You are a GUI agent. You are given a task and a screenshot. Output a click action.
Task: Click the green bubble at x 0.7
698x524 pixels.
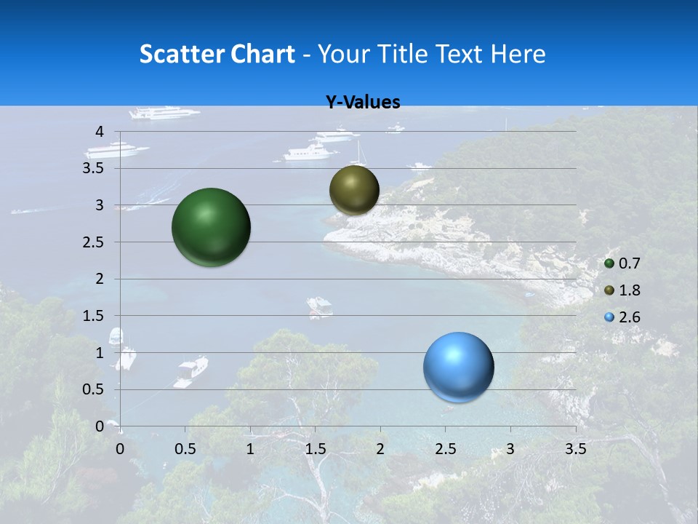coord(212,227)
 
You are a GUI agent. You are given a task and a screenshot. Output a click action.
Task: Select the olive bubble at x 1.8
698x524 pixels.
coord(354,190)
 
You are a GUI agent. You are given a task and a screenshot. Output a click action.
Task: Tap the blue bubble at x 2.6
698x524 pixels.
coord(459,367)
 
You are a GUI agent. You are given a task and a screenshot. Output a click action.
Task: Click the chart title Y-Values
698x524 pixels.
coord(363,103)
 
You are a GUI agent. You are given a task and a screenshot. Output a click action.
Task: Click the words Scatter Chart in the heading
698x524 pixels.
coord(217,54)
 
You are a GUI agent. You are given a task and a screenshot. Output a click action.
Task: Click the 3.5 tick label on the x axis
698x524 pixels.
coord(576,449)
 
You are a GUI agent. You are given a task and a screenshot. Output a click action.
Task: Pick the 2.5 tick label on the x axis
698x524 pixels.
coord(445,449)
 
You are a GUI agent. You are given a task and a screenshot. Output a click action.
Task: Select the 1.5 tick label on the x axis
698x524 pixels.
coord(315,449)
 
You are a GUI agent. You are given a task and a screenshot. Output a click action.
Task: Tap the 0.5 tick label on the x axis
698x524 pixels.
coord(185,449)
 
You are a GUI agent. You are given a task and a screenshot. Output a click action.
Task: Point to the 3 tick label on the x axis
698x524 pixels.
coord(510,449)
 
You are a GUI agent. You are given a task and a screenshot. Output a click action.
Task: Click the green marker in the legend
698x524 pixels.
coord(609,263)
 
